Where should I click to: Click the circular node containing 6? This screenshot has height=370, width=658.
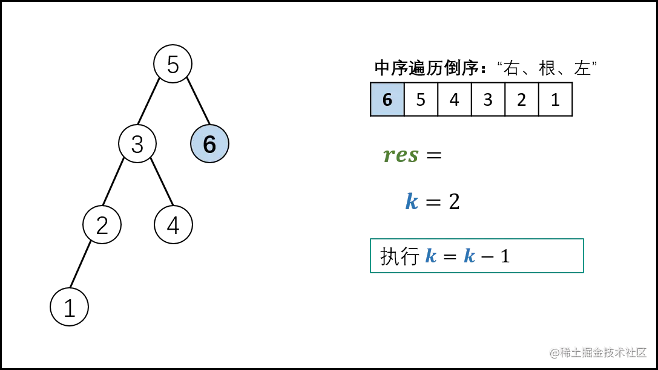(x=209, y=144)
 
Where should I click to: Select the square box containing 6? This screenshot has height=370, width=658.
(x=387, y=99)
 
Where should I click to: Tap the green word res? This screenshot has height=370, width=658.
(x=402, y=157)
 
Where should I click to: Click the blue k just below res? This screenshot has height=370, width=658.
(x=412, y=201)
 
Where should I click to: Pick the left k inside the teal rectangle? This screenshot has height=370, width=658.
(x=430, y=256)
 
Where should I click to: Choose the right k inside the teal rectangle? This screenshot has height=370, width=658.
(x=469, y=256)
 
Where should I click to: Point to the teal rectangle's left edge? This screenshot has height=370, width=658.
(x=370, y=256)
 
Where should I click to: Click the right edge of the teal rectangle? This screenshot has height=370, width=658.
(x=584, y=256)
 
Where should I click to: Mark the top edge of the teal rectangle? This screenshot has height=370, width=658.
(x=477, y=239)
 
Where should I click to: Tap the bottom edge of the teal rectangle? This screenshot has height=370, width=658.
(x=477, y=274)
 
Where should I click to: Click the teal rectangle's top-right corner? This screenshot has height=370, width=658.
(x=584, y=239)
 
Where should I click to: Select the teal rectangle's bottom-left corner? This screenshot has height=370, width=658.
(x=370, y=274)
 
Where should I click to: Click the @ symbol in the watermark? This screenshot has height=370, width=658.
(x=553, y=352)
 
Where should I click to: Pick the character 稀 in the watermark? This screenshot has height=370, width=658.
(x=565, y=352)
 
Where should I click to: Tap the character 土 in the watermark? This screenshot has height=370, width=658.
(x=576, y=352)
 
